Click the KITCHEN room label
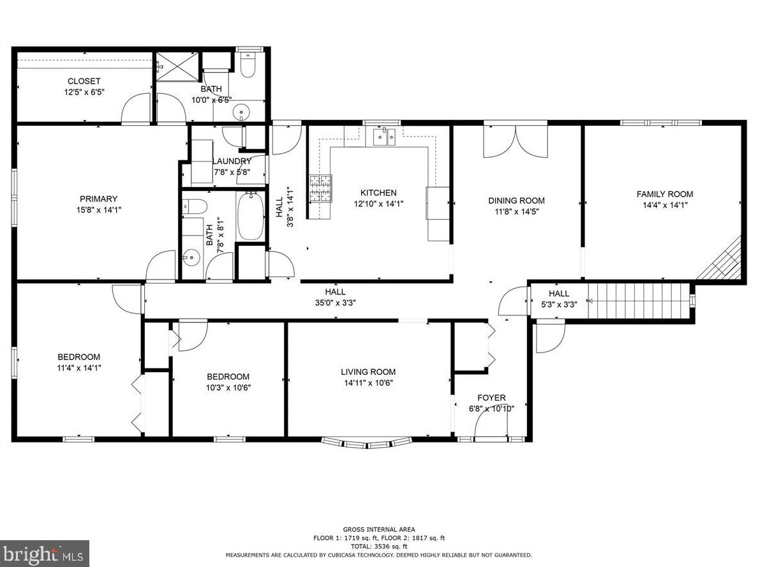point(378,193)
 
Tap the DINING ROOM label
point(516,200)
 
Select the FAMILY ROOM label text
point(665,194)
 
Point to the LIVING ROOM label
point(368,372)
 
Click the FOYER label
point(492,398)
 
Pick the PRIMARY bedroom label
point(99,199)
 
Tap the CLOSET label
point(84,81)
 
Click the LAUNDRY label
point(232,161)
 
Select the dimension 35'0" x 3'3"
point(335,303)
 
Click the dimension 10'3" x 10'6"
point(228,388)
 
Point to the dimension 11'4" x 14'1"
point(78,368)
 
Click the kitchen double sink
point(385,137)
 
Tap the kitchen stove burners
point(321,188)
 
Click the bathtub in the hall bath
point(250,216)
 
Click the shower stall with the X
point(177,67)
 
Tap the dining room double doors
point(516,142)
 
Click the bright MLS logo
point(45,554)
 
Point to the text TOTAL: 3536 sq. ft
point(379,546)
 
